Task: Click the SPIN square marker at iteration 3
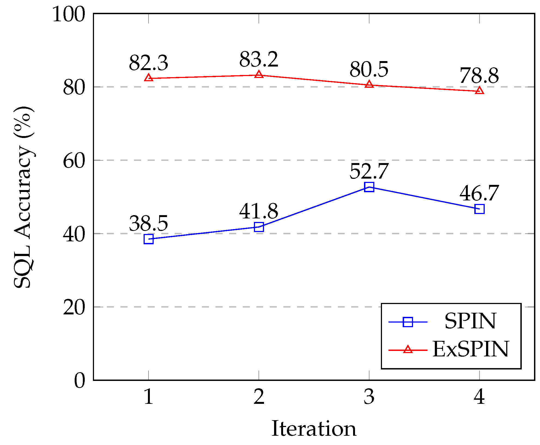369,187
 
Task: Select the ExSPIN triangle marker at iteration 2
259,74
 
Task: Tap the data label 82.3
148,63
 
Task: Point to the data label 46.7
479,193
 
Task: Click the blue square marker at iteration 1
148,239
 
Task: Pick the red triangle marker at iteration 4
479,91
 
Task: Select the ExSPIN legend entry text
470,349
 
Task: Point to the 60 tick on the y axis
74,161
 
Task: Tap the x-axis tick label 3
369,397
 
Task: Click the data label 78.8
479,76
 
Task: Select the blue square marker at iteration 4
479,209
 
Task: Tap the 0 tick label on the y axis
79,381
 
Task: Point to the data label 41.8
259,211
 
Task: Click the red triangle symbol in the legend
408,349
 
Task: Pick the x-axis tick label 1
148,397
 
